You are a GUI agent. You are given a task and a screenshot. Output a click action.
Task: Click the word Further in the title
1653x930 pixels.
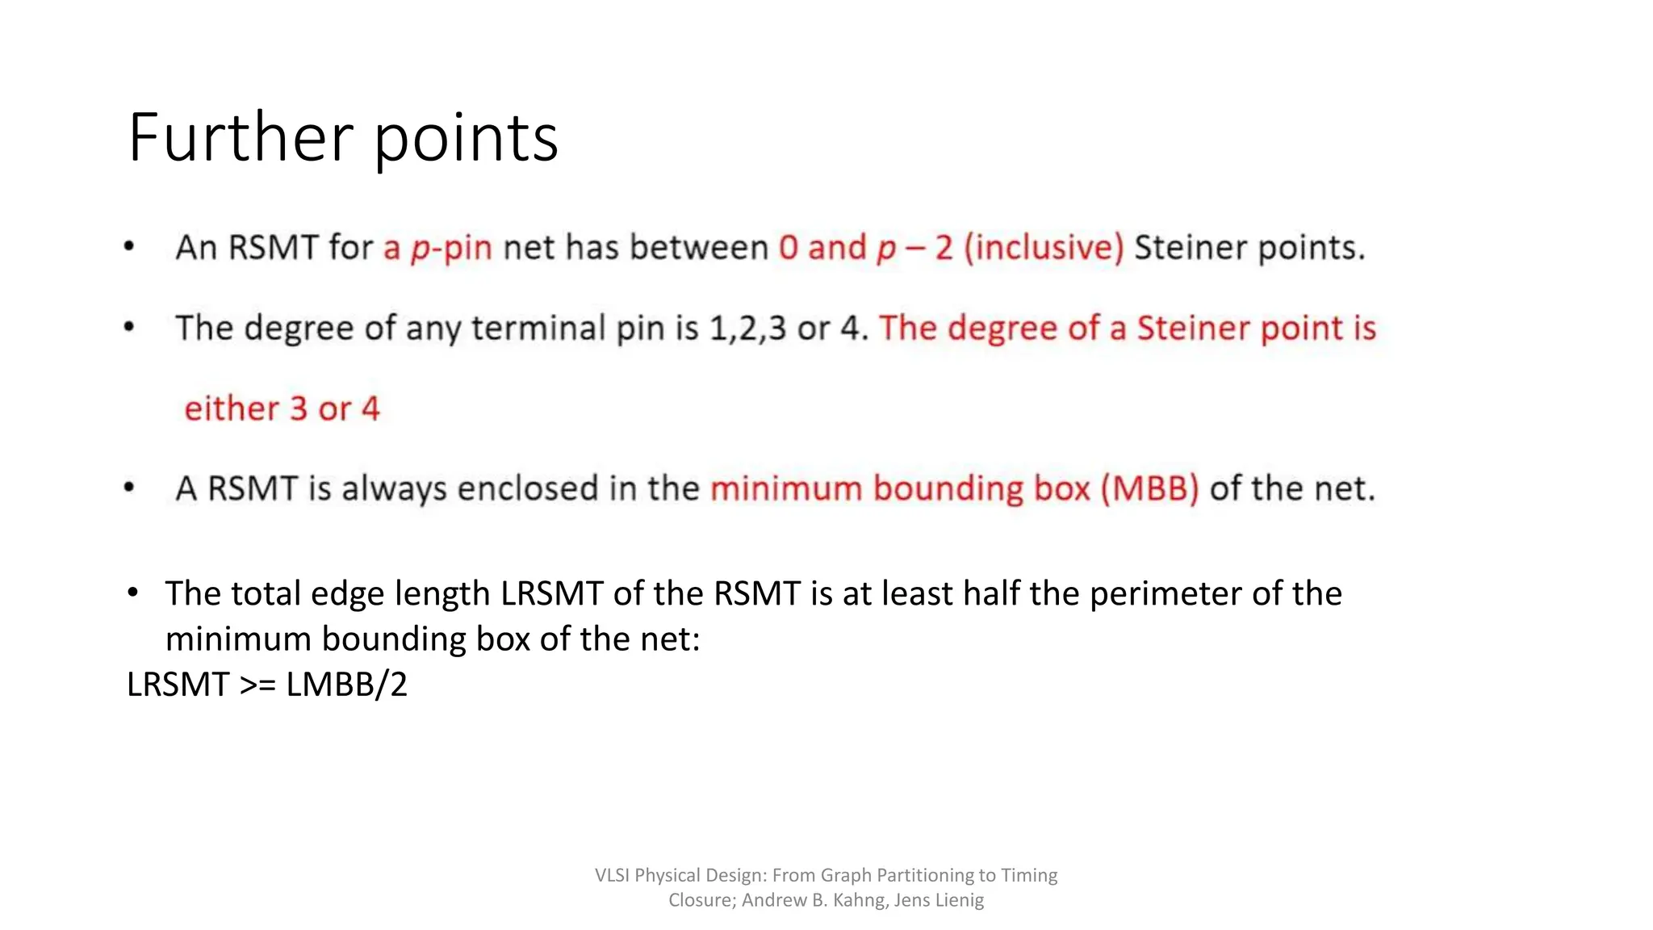pyautogui.click(x=241, y=137)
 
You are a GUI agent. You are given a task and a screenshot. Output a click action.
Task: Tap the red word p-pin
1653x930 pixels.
pyautogui.click(x=451, y=248)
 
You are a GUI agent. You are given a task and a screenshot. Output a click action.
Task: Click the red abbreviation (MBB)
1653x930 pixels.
pyautogui.click(x=1150, y=488)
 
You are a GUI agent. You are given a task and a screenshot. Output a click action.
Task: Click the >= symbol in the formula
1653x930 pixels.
pyautogui.click(x=258, y=685)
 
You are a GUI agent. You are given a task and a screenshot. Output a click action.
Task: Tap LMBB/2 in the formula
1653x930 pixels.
pyautogui.click(x=347, y=685)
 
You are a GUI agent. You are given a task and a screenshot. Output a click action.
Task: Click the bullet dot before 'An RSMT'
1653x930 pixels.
pyautogui.click(x=129, y=246)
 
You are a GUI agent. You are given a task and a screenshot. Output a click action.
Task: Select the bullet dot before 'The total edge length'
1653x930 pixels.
pyautogui.click(x=133, y=593)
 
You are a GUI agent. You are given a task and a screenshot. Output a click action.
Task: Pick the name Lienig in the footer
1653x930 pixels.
pyautogui.click(x=958, y=900)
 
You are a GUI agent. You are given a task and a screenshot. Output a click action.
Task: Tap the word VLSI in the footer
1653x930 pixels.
pyautogui.click(x=612, y=875)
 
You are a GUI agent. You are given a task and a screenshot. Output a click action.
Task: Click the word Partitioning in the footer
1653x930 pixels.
pyautogui.click(x=925, y=875)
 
